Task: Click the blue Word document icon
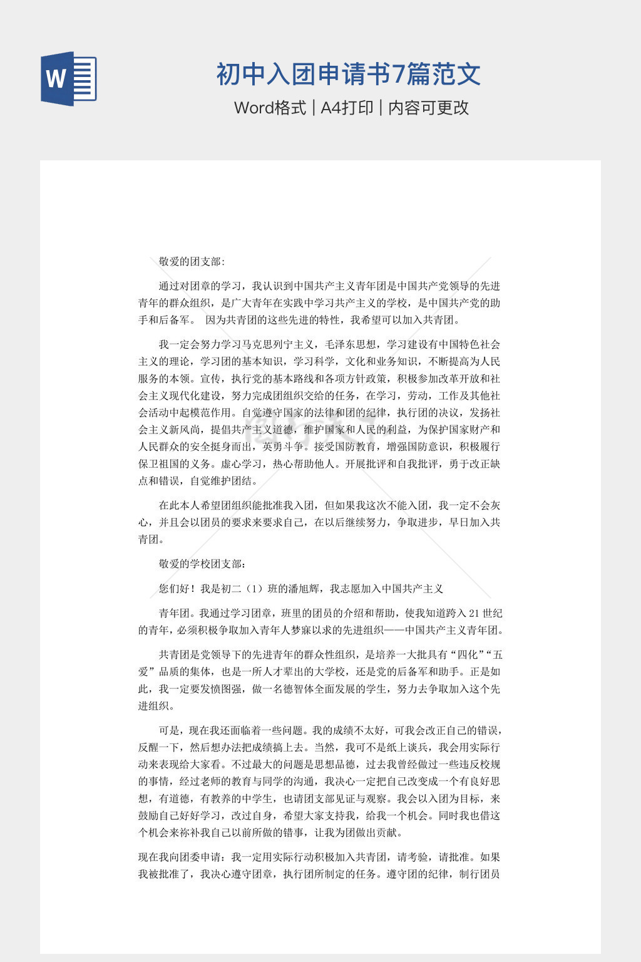click(68, 79)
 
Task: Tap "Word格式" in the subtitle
click(270, 108)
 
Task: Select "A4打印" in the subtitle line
click(347, 108)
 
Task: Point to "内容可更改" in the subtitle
click(429, 108)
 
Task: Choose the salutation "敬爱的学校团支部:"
click(202, 564)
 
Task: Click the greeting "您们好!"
click(177, 589)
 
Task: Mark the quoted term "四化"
click(467, 655)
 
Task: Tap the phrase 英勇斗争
click(284, 447)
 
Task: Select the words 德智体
click(309, 689)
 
